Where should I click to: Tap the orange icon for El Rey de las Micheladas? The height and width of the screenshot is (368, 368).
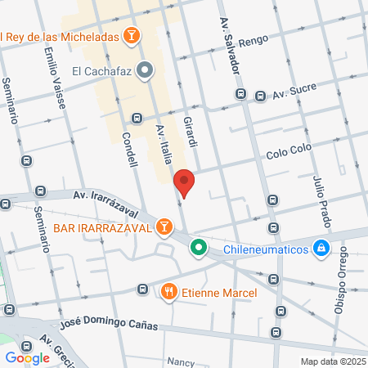(x=130, y=35)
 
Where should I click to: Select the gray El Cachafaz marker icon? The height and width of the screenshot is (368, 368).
(x=145, y=70)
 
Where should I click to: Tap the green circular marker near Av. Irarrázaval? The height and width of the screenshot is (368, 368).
(x=198, y=246)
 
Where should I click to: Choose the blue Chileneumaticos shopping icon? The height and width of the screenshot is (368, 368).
(x=322, y=247)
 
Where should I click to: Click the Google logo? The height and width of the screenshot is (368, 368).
(x=27, y=357)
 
